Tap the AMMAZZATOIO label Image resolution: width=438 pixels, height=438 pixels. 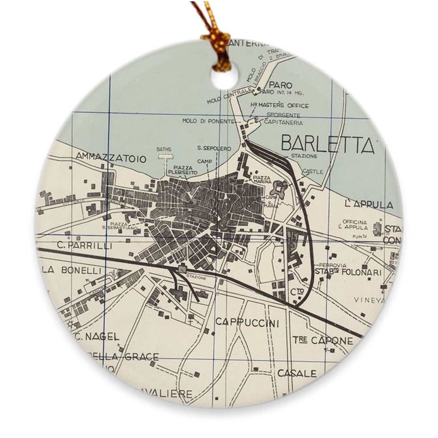pos(111,158)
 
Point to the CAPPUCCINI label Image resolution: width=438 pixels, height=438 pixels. pos(247,323)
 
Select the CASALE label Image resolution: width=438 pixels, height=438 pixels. pos(297,373)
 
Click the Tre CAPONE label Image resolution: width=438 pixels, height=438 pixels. pos(323,341)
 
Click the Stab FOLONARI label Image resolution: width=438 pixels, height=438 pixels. pos(348,273)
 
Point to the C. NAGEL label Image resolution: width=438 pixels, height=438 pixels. pos(96,336)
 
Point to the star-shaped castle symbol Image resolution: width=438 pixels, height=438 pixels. pos(280,188)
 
